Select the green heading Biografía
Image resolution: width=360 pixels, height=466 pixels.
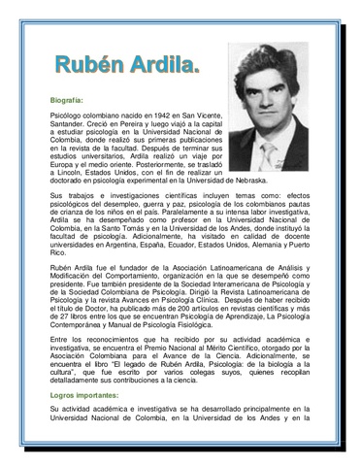pos(67,100)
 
